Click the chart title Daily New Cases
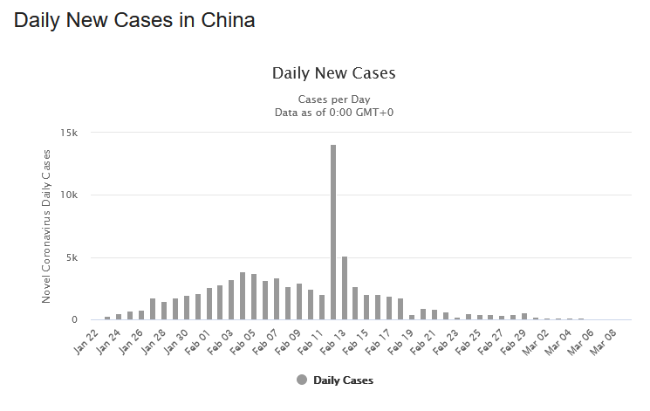click(x=333, y=72)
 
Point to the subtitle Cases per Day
click(x=333, y=99)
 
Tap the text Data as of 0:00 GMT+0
click(x=333, y=112)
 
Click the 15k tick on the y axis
click(x=70, y=134)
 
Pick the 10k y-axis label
click(x=70, y=195)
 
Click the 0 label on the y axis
click(x=75, y=320)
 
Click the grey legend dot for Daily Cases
click(x=302, y=380)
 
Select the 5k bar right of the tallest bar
click(x=345, y=288)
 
